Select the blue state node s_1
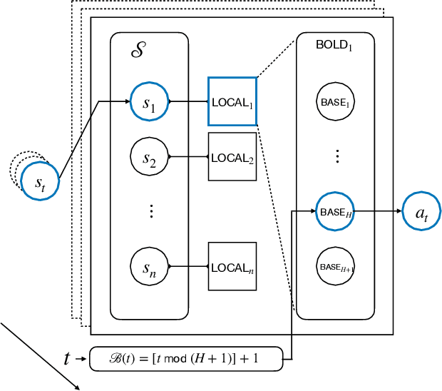[149, 102]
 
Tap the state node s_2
[149, 156]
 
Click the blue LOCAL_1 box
[232, 102]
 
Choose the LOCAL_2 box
[232, 156]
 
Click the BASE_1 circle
[335, 103]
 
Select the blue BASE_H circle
[335, 211]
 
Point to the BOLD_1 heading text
[334, 44]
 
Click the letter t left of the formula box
[67, 358]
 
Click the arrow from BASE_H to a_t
[378, 211]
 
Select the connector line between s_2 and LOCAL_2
[188, 156]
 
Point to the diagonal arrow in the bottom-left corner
[39, 356]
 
